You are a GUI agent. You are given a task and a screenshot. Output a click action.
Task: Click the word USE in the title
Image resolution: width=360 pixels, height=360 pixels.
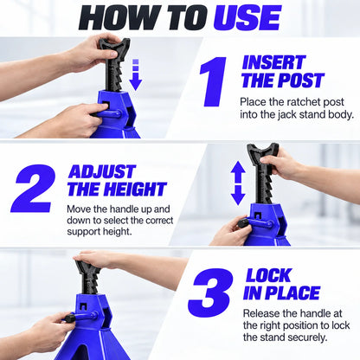point(247,17)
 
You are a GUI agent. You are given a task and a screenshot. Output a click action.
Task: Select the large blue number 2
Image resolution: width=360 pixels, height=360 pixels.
point(33,188)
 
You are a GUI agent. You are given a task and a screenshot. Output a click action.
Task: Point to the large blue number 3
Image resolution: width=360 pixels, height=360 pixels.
point(210,292)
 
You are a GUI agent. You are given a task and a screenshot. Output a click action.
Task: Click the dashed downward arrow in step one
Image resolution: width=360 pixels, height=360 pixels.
point(136,74)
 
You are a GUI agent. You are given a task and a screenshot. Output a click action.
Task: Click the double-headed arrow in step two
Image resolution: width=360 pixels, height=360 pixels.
point(238,183)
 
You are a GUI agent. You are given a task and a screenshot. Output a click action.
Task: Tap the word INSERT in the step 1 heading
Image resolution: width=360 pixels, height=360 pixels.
point(273,62)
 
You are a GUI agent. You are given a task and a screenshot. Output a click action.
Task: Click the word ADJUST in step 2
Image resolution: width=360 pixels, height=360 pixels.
point(102,171)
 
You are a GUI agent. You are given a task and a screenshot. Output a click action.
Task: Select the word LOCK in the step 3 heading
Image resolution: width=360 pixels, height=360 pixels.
point(268,275)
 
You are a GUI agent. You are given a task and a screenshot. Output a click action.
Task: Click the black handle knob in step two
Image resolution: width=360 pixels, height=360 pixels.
point(244,222)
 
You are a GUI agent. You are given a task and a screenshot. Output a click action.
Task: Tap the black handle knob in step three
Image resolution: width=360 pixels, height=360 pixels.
point(69,318)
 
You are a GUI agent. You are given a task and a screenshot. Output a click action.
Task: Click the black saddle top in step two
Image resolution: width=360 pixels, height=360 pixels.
point(263,151)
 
